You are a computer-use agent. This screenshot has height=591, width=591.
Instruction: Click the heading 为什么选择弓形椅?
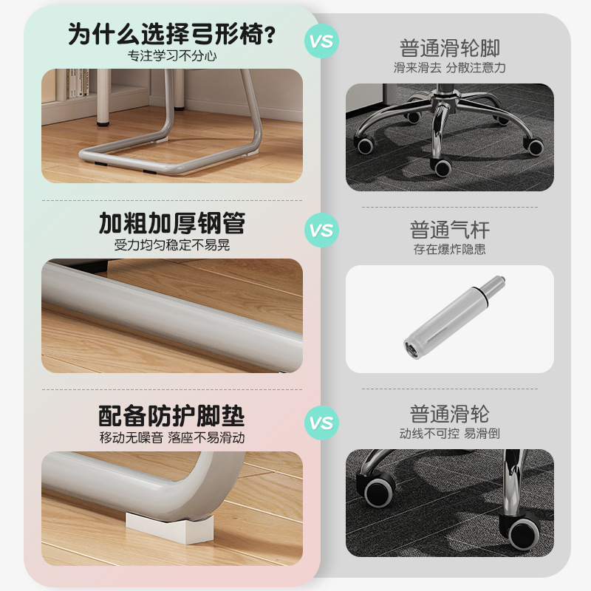click(x=172, y=34)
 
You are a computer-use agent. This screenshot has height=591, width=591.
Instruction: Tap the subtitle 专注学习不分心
click(x=172, y=55)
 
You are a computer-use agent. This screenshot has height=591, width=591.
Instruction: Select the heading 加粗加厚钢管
click(x=172, y=223)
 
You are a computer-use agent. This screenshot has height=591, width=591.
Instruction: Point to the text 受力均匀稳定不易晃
click(x=172, y=245)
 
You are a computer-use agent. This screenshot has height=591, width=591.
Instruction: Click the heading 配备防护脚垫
click(x=172, y=415)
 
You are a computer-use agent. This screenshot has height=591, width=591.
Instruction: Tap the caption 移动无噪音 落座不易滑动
click(x=172, y=437)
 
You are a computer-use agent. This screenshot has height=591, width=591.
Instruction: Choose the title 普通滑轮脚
click(x=449, y=49)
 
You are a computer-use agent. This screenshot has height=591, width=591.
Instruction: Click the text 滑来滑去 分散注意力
click(x=449, y=68)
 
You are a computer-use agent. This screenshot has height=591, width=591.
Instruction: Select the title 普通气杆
click(x=449, y=229)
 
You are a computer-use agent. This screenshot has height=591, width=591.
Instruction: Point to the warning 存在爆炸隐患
click(x=449, y=249)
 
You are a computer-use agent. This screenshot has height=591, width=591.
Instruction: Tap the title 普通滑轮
click(x=449, y=414)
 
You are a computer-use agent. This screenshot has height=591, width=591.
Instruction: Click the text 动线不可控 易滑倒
click(x=449, y=434)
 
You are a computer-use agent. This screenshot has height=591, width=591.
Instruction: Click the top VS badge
click(x=321, y=41)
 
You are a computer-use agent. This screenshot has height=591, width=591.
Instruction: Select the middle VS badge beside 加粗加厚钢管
click(x=321, y=230)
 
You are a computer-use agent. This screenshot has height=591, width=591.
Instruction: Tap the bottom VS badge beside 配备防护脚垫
click(x=321, y=423)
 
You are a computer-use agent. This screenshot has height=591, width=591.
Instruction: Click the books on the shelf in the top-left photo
click(x=76, y=85)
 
